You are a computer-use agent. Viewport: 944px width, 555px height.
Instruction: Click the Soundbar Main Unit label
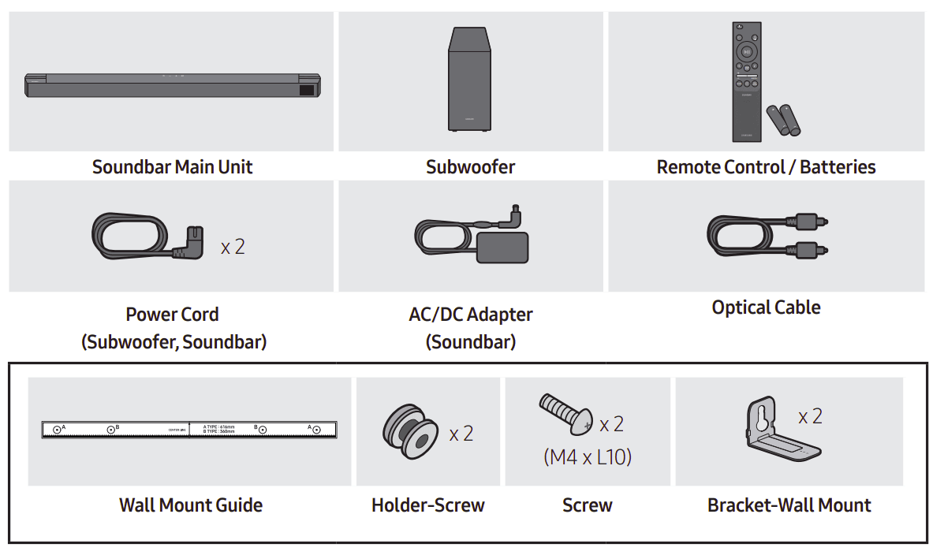(172, 167)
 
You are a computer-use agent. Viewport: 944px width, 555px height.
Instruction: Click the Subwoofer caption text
(470, 167)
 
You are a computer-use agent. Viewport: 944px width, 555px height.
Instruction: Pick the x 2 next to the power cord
(233, 247)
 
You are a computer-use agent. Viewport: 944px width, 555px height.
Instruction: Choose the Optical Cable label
(766, 307)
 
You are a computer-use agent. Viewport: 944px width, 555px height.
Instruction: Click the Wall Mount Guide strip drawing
(190, 430)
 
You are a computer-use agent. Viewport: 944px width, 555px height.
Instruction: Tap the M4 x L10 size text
(588, 456)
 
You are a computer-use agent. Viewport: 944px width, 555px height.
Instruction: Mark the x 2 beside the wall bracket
(810, 416)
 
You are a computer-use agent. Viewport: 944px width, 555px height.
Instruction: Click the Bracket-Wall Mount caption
(789, 505)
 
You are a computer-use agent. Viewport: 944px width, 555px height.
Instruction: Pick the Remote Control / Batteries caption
(766, 167)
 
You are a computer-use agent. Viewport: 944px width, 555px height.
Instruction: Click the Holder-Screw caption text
(427, 505)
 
